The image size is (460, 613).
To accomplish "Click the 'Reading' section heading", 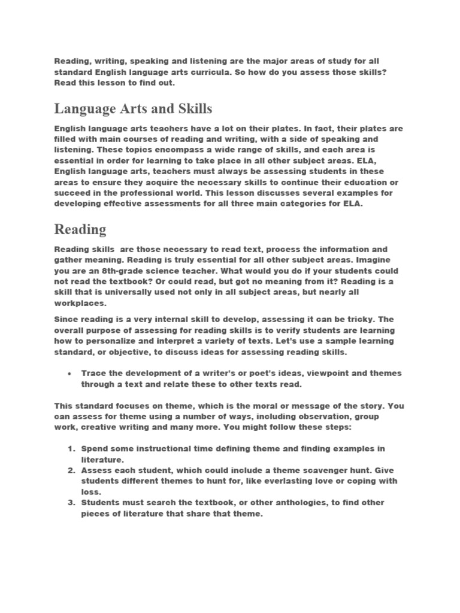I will (80, 229).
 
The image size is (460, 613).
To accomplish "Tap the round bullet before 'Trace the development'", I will (70, 373).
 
